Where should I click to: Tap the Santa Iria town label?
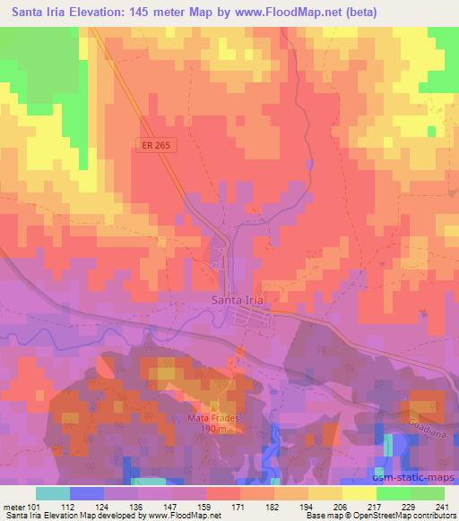pyautogui.click(x=238, y=301)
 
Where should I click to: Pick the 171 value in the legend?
pyautogui.click(x=239, y=507)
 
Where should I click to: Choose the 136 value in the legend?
pyautogui.click(x=137, y=507)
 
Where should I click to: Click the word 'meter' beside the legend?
pyautogui.click(x=13, y=507)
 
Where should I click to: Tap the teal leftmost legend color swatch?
pyautogui.click(x=53, y=493)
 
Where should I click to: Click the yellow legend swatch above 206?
pyautogui.click(x=359, y=493)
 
